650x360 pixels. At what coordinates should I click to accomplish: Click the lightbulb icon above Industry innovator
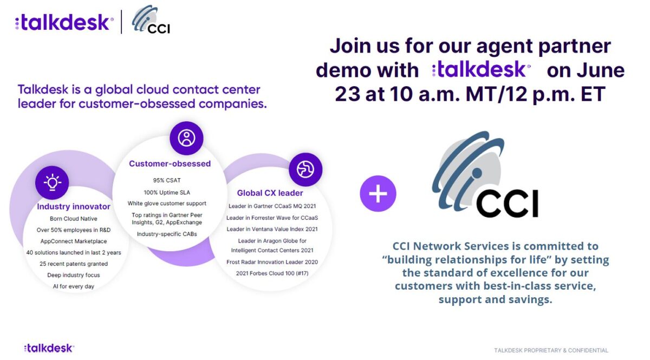[x=52, y=182]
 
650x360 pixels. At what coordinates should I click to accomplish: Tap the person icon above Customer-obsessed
[x=186, y=138]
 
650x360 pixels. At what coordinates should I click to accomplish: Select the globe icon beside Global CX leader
[x=305, y=169]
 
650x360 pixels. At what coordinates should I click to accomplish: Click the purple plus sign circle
[x=378, y=193]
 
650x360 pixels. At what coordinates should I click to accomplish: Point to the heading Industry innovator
[x=74, y=207]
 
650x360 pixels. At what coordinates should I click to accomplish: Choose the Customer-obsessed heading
[x=170, y=163]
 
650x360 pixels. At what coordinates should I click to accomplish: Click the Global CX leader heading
[x=270, y=193]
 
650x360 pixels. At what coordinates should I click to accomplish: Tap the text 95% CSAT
[x=167, y=180]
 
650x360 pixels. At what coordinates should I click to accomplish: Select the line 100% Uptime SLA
[x=167, y=192]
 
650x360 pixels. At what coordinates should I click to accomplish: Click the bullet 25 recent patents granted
[x=74, y=264]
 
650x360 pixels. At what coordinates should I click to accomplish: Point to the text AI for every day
[x=74, y=286]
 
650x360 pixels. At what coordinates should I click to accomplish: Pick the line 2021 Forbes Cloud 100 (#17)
[x=272, y=273]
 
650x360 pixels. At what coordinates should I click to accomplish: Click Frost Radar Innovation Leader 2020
[x=272, y=262]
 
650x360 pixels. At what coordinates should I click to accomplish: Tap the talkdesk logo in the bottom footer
[x=49, y=348]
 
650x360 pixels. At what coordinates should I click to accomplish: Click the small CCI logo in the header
[x=151, y=19]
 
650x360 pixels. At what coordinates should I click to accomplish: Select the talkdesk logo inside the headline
[x=482, y=69]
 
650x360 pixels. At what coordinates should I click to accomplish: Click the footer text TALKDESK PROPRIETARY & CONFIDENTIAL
[x=551, y=350]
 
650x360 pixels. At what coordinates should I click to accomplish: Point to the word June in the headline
[x=600, y=70]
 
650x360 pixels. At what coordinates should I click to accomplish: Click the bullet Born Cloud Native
[x=74, y=219]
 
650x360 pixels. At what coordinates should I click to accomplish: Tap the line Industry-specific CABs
[x=167, y=234]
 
